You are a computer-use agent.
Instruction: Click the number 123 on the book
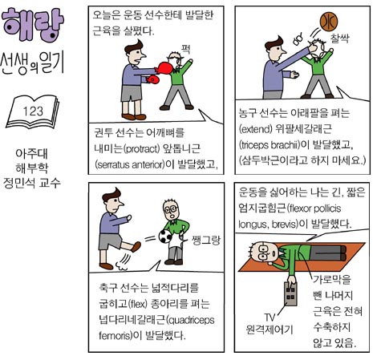click(33, 111)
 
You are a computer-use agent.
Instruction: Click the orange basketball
click(329, 22)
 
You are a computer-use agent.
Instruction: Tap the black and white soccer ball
click(165, 236)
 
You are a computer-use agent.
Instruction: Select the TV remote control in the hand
click(290, 293)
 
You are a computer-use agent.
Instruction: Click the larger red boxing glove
click(163, 68)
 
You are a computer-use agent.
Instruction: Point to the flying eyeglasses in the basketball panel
click(298, 39)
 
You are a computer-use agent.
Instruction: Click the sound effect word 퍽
click(185, 49)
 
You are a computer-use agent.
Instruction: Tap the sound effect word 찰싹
click(339, 38)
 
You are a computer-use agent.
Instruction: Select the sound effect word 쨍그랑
click(206, 241)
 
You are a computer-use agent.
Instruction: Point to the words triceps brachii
click(269, 145)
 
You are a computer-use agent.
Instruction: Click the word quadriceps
click(192, 320)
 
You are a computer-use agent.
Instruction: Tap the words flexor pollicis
click(315, 208)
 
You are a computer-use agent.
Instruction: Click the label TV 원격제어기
click(269, 324)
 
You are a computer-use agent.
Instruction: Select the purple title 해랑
click(33, 24)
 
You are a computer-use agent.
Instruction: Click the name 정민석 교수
click(32, 183)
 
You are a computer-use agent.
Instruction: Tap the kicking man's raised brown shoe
click(136, 247)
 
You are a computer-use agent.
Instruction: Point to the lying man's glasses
click(265, 251)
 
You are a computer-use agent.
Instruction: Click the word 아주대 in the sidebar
click(32, 154)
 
